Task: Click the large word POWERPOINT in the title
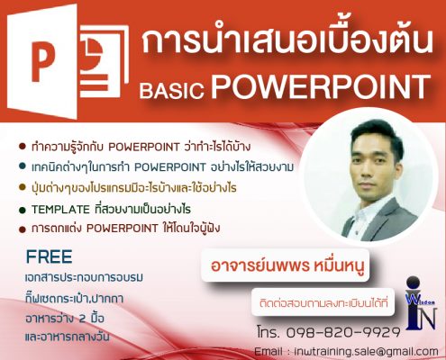[x=320, y=86]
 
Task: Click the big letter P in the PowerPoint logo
[x=42, y=62]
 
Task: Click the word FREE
[x=49, y=256]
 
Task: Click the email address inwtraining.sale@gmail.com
[x=366, y=352]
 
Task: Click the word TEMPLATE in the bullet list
[x=60, y=210]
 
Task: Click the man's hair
[x=378, y=133]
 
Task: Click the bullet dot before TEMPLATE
[x=22, y=210]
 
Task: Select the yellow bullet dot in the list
[x=22, y=187]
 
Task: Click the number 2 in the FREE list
[x=82, y=319]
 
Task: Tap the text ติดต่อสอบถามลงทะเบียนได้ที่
[x=323, y=302]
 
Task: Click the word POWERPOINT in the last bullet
[x=122, y=229]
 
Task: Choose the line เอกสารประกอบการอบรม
[x=85, y=277]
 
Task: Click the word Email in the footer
[x=269, y=352]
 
